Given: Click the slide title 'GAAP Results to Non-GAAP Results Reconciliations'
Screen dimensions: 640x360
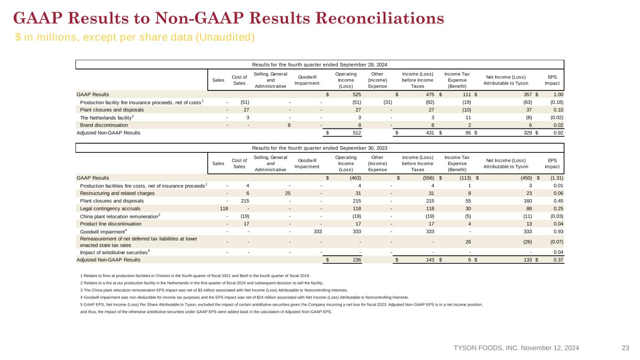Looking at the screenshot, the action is coord(229,18).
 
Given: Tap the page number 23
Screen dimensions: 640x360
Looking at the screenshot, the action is coord(625,348).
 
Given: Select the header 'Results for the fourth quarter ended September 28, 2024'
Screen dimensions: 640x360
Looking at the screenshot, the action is coord(320,65).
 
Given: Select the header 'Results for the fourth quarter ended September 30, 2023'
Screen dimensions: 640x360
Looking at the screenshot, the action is coord(320,148).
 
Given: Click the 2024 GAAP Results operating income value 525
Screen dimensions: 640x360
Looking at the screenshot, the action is coord(357,95).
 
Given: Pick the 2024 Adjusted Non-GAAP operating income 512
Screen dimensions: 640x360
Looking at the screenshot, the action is coord(357,133).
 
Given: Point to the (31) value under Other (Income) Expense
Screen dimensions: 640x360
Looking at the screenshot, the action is coord(388,102).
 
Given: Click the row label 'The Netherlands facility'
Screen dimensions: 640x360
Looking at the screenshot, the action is coord(107,118).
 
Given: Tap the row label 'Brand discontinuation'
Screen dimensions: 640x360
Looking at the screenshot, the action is coord(104,125).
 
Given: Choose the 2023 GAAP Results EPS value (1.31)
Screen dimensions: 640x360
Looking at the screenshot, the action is coord(557,178).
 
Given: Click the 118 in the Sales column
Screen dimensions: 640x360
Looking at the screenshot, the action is coord(224,209).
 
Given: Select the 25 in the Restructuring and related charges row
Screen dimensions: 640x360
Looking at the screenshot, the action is coord(288,194).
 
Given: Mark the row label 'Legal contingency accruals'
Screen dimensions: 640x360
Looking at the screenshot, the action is coord(110,209).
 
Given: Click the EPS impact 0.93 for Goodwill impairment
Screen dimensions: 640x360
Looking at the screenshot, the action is coord(558,232).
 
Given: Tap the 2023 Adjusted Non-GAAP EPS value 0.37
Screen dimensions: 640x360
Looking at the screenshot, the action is coord(558,260).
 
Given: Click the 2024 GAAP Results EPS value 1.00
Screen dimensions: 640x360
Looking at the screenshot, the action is coord(558,95).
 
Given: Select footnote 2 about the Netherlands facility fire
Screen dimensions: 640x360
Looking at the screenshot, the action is coord(202,283).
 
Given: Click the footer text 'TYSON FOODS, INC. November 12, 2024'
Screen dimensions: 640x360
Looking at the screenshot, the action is coord(516,348).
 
